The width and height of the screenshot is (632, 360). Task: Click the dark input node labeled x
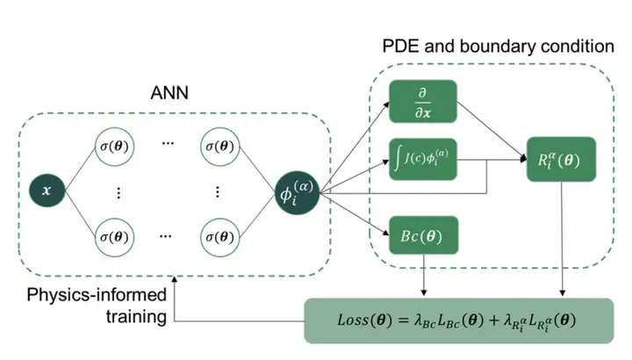[x=42, y=188]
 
